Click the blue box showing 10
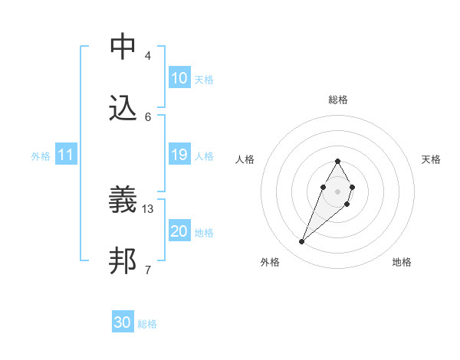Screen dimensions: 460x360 point(179,78)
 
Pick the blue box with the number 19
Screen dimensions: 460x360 point(179,155)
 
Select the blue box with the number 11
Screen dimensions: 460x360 point(65,155)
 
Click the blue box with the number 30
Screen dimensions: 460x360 point(123,323)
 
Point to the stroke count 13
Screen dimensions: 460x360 point(149,208)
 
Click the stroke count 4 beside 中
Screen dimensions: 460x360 point(148,55)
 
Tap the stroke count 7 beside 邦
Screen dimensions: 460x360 point(148,270)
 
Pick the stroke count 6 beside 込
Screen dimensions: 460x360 point(148,116)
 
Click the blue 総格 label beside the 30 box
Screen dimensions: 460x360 point(147,324)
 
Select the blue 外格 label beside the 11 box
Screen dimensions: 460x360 point(41,156)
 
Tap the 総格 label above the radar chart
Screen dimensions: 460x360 point(338,100)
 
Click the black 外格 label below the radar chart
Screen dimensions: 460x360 point(270,262)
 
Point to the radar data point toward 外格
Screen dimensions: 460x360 point(302,242)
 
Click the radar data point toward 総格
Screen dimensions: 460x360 point(337,162)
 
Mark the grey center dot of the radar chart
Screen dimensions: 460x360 point(337,191)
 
